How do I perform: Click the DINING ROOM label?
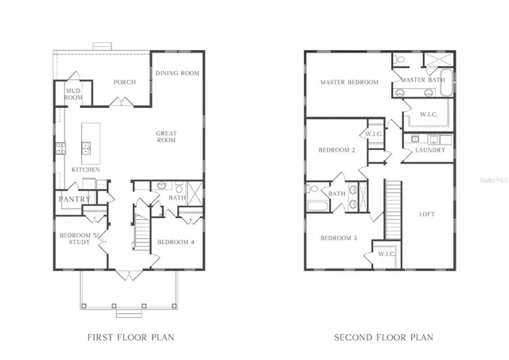[x=177, y=73]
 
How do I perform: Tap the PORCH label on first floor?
[x=124, y=82]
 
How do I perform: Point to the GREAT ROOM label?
[x=165, y=136]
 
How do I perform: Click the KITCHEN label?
[x=86, y=169]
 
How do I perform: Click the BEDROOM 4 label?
[x=176, y=242]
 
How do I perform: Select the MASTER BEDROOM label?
[x=349, y=82]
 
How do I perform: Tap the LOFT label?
[x=427, y=214]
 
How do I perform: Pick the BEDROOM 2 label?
[x=336, y=150]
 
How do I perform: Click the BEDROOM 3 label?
[x=338, y=238]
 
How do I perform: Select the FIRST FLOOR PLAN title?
[x=130, y=337]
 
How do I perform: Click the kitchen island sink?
[x=85, y=146]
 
